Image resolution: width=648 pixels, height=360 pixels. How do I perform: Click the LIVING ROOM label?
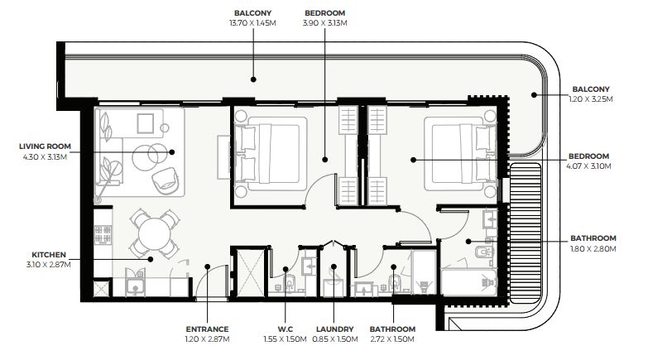pos(45,146)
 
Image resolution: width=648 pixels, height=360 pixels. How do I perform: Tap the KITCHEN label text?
pos(49,255)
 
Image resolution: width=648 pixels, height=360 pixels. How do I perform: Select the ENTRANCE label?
pos(207,329)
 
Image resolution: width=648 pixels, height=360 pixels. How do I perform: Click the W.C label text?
pos(286,329)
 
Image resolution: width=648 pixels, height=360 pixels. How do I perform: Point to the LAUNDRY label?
pos(334,329)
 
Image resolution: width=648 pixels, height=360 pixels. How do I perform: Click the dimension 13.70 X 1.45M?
pos(252,23)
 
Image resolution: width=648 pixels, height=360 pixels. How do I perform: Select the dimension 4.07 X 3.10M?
pos(588,166)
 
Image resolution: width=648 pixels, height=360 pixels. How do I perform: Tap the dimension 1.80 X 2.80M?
pos(593,249)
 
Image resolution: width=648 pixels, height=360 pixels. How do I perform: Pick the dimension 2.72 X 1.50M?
pos(392,339)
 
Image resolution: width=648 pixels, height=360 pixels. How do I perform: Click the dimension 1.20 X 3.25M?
pos(591,99)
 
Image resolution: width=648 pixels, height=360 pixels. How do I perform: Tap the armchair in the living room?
pos(166,180)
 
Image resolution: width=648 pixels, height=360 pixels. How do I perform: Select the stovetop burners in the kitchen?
pos(103,234)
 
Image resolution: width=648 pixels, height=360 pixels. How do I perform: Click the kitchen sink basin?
pos(134,286)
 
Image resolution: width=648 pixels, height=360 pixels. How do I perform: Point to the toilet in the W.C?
pos(290,284)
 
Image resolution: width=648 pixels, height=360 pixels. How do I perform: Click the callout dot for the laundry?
pos(334,266)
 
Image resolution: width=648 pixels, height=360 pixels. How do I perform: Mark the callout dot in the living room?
pos(172,152)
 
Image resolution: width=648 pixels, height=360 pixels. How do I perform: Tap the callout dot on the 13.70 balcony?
pos(253,79)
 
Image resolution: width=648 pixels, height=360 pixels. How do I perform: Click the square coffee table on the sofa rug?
pos(146,123)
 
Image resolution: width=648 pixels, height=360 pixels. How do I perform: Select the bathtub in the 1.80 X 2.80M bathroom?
pos(469,282)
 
